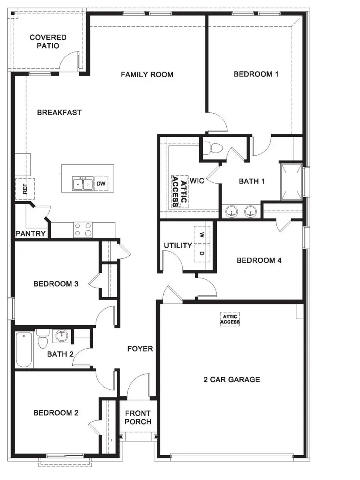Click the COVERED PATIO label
coord(48,42)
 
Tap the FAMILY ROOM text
coord(147,74)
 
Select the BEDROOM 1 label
coord(256,74)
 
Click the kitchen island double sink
coord(83,184)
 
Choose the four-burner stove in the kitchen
coord(83,230)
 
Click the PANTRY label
coord(30,234)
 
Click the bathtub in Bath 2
coord(24,350)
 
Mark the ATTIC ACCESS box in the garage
coord(230,319)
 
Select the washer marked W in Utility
coord(202,234)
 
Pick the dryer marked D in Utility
coord(202,253)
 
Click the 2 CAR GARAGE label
coord(231,379)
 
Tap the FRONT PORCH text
coord(138,417)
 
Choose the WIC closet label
coord(198,181)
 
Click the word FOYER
coord(140,349)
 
